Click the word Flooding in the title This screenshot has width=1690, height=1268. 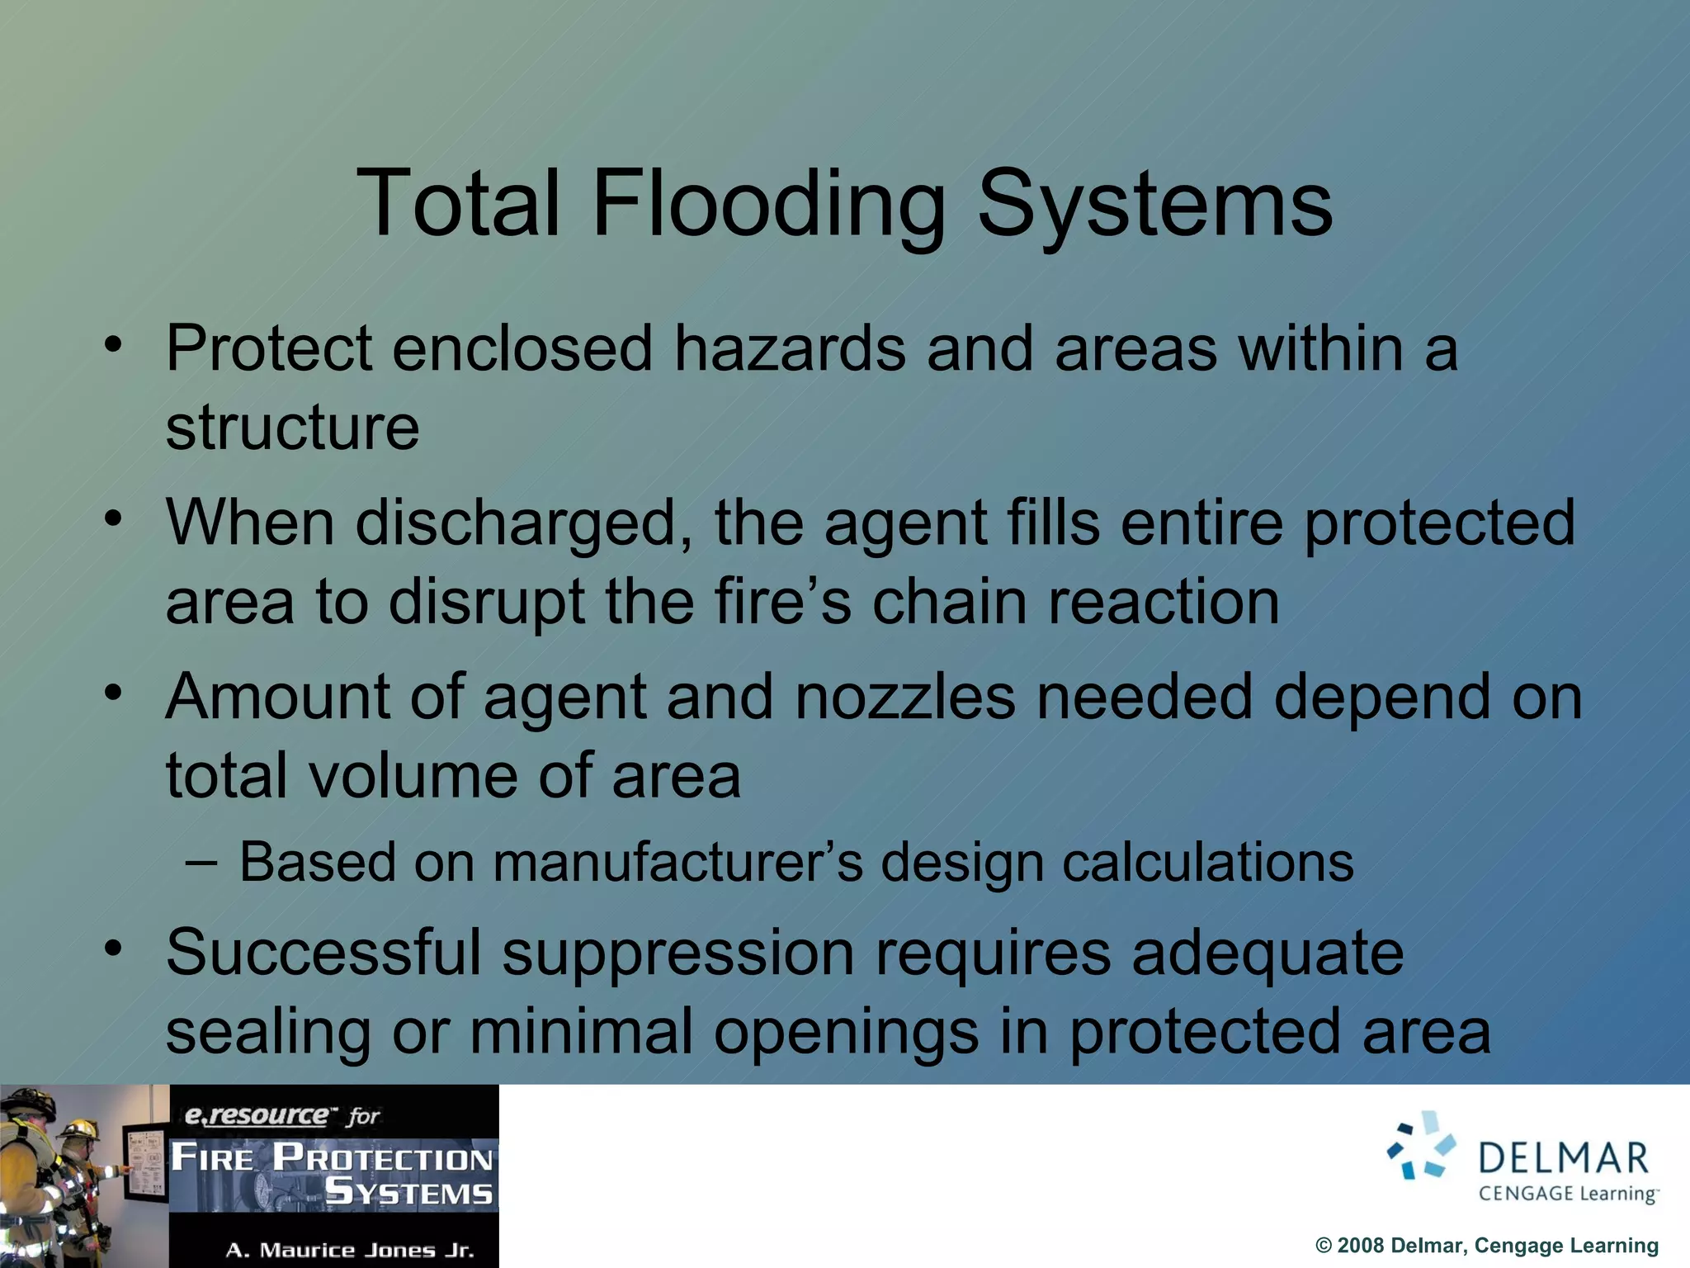coord(768,204)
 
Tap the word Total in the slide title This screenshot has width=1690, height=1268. coord(459,204)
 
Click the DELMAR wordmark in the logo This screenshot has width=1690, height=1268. coord(1563,1158)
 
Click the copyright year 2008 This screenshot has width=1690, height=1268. coord(1361,1246)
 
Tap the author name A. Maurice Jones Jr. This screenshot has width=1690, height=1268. coord(350,1250)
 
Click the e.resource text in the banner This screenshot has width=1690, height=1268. coord(256,1115)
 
